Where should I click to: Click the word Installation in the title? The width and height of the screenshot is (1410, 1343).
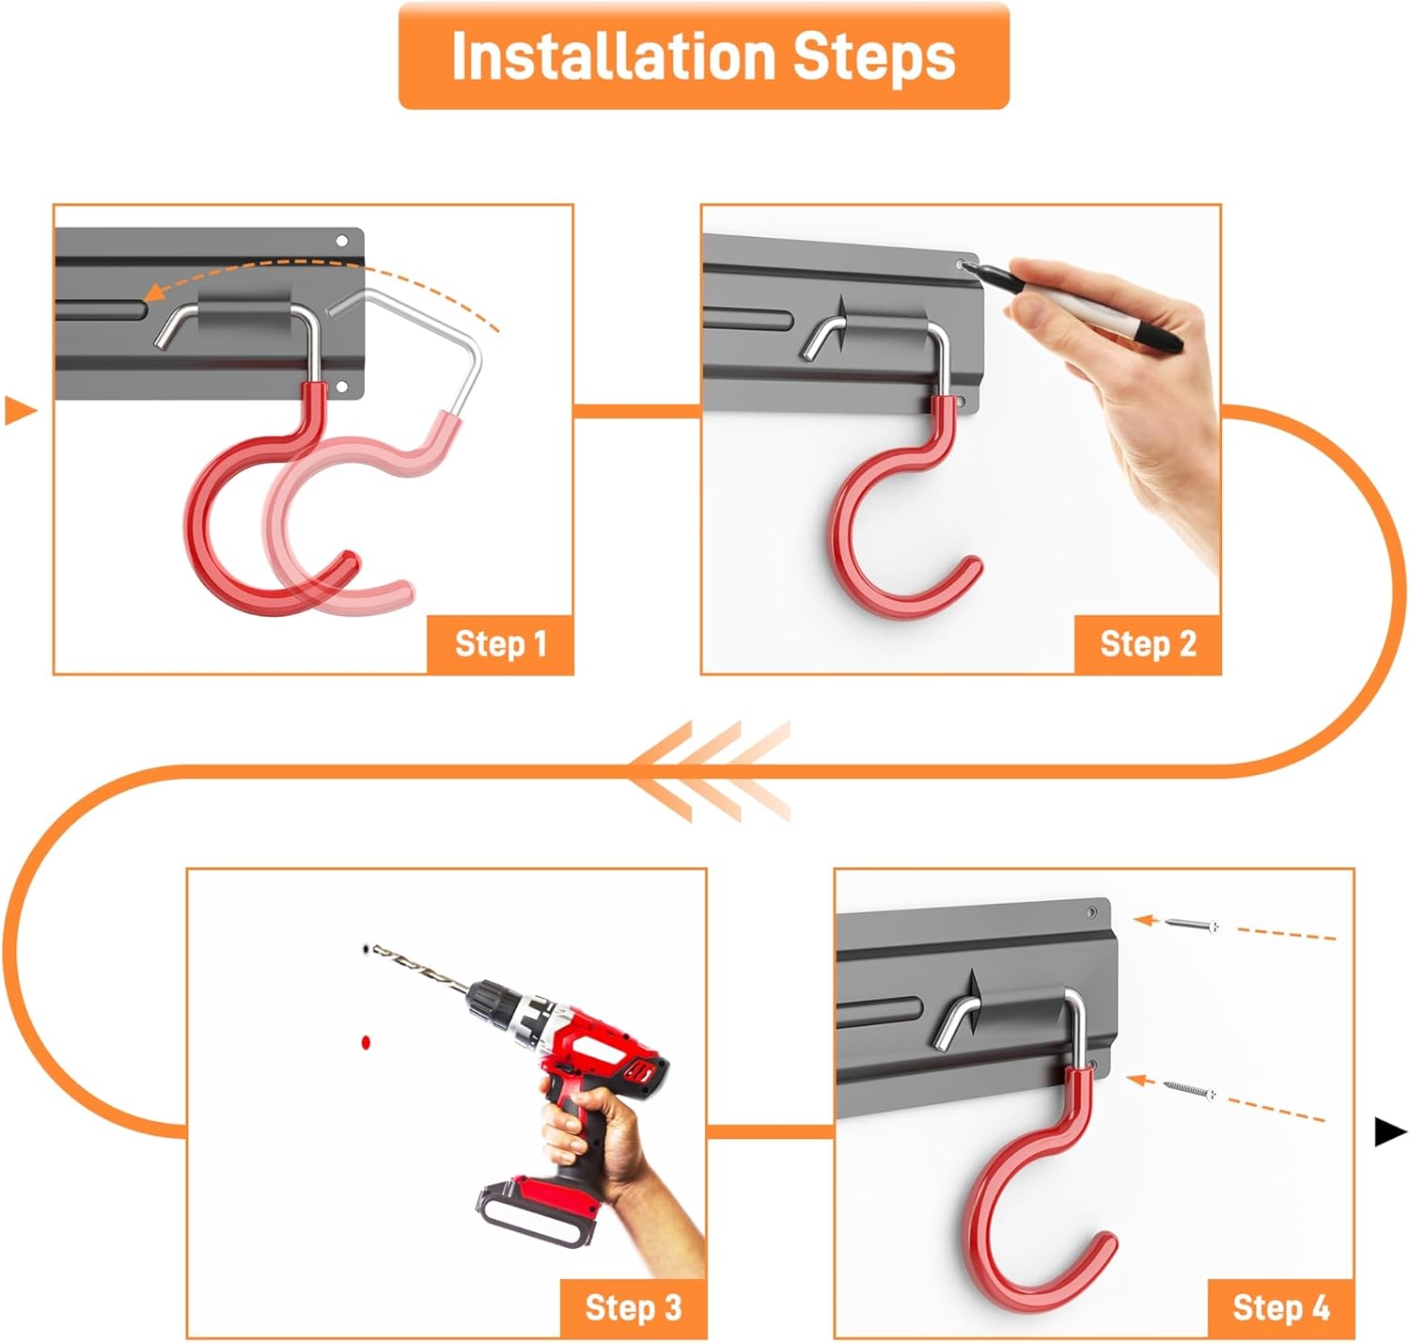click(614, 55)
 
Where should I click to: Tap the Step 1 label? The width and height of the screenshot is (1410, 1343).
click(501, 644)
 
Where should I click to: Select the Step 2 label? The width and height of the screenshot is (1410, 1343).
click(1148, 644)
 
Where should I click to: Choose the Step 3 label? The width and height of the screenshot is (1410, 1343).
click(634, 1308)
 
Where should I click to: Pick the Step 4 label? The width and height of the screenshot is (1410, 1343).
click(1281, 1308)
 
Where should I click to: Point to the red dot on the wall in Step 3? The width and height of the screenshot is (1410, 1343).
click(366, 1042)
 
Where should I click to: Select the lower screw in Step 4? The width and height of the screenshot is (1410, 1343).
click(1189, 1090)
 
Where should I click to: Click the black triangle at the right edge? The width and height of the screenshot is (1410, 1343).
click(1390, 1132)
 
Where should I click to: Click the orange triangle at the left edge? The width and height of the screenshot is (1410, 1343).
click(20, 411)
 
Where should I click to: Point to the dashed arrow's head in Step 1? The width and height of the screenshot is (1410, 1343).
click(153, 292)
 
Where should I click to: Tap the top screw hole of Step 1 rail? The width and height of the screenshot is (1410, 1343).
click(342, 241)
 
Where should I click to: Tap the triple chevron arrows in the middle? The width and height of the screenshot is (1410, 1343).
click(710, 771)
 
